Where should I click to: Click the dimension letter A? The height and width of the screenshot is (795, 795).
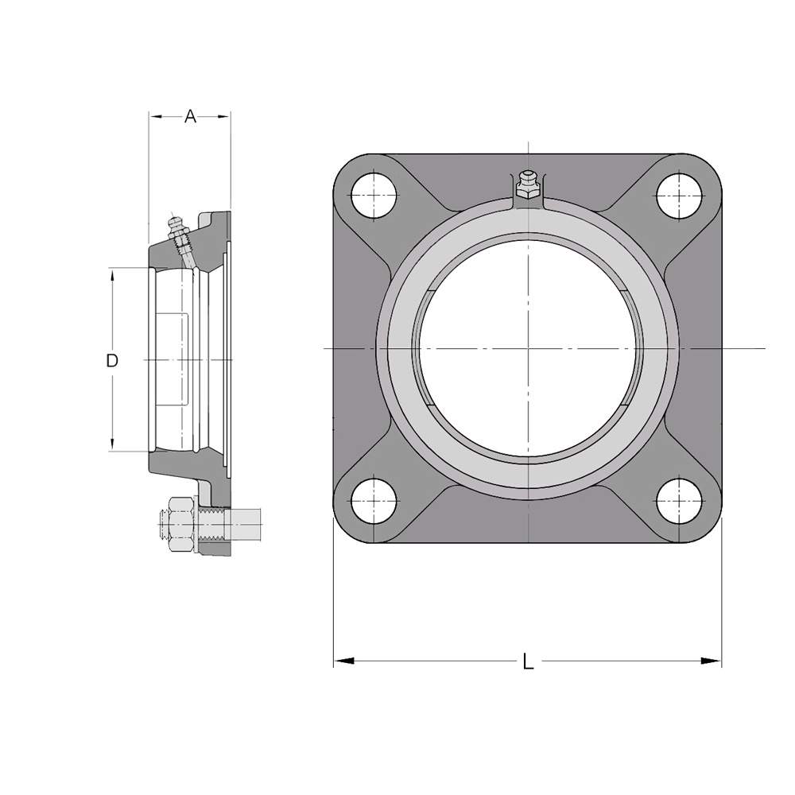coord(190,116)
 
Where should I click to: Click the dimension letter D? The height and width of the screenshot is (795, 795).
coord(112,360)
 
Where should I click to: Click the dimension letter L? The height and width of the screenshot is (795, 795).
coord(529,661)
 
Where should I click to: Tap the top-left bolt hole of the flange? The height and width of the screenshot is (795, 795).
coord(374,196)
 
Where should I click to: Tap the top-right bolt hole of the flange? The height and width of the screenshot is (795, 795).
coord(680,196)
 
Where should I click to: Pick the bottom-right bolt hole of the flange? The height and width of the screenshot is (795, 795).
coord(680,501)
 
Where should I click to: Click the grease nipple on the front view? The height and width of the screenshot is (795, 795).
coord(527,184)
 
